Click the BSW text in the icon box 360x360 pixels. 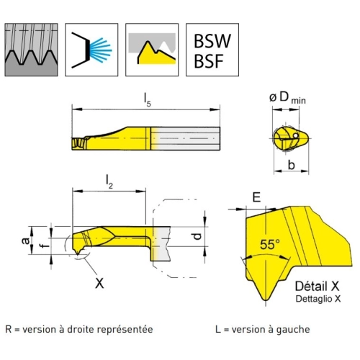pos(212,41)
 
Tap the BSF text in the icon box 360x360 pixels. pos(209,61)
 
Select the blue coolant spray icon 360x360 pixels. pos(91,50)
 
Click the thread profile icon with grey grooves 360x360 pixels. pos(31,50)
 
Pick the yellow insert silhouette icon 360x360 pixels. pos(152,50)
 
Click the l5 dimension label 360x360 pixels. pos(147,99)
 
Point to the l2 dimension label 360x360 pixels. pos(109,181)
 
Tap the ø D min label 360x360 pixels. pos(287,98)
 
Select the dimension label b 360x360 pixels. pos(291,165)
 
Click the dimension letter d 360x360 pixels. pos(198,236)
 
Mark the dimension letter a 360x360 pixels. pos(25,240)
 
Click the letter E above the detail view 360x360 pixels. pos(256,197)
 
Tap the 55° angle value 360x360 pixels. pos(270,245)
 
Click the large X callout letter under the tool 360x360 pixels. pos(99,283)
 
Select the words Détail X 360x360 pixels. pos(317,286)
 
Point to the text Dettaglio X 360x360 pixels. pos(318,299)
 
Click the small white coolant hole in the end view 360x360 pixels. pos(296,135)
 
